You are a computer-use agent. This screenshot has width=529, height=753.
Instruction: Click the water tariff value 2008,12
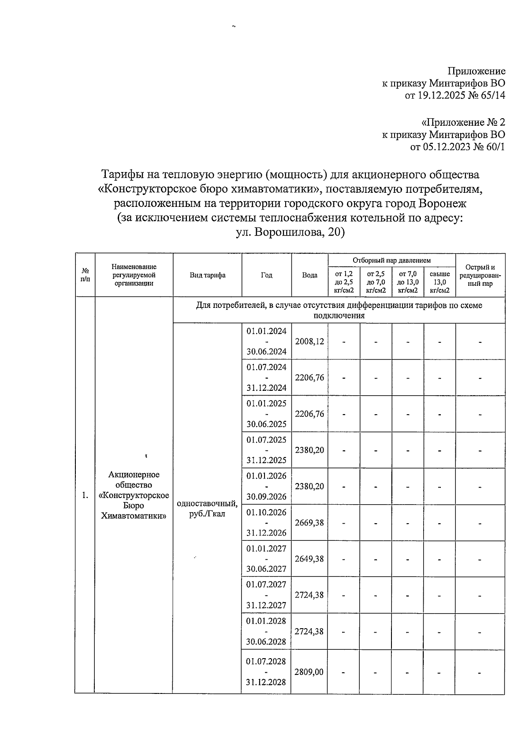click(x=309, y=341)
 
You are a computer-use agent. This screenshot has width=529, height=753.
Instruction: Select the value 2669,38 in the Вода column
click(x=309, y=523)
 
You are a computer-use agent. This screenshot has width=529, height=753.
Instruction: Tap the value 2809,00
click(x=309, y=672)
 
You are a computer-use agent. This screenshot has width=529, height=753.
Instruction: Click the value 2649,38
click(x=309, y=559)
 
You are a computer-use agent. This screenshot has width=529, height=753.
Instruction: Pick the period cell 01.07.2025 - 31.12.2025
click(x=266, y=450)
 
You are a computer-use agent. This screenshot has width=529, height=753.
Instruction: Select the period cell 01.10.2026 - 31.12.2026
click(x=266, y=523)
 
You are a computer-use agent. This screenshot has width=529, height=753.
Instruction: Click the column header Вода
click(x=309, y=275)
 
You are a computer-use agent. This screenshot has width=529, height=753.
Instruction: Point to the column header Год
click(x=266, y=275)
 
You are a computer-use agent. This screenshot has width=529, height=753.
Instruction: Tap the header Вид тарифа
click(x=208, y=275)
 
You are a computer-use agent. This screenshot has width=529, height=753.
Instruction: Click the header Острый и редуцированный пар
click(x=480, y=275)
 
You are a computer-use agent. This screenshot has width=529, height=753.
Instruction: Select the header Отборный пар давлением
click(x=391, y=261)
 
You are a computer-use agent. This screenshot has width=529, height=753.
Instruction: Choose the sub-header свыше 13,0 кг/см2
click(x=440, y=282)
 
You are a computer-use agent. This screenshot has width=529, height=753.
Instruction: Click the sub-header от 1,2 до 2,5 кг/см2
click(x=344, y=282)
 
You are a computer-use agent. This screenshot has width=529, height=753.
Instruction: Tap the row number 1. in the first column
click(x=85, y=495)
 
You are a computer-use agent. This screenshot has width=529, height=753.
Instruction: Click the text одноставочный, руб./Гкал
click(x=208, y=509)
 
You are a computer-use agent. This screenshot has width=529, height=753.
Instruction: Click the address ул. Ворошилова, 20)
click(x=291, y=232)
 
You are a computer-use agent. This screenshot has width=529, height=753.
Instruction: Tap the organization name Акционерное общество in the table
click(x=134, y=480)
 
